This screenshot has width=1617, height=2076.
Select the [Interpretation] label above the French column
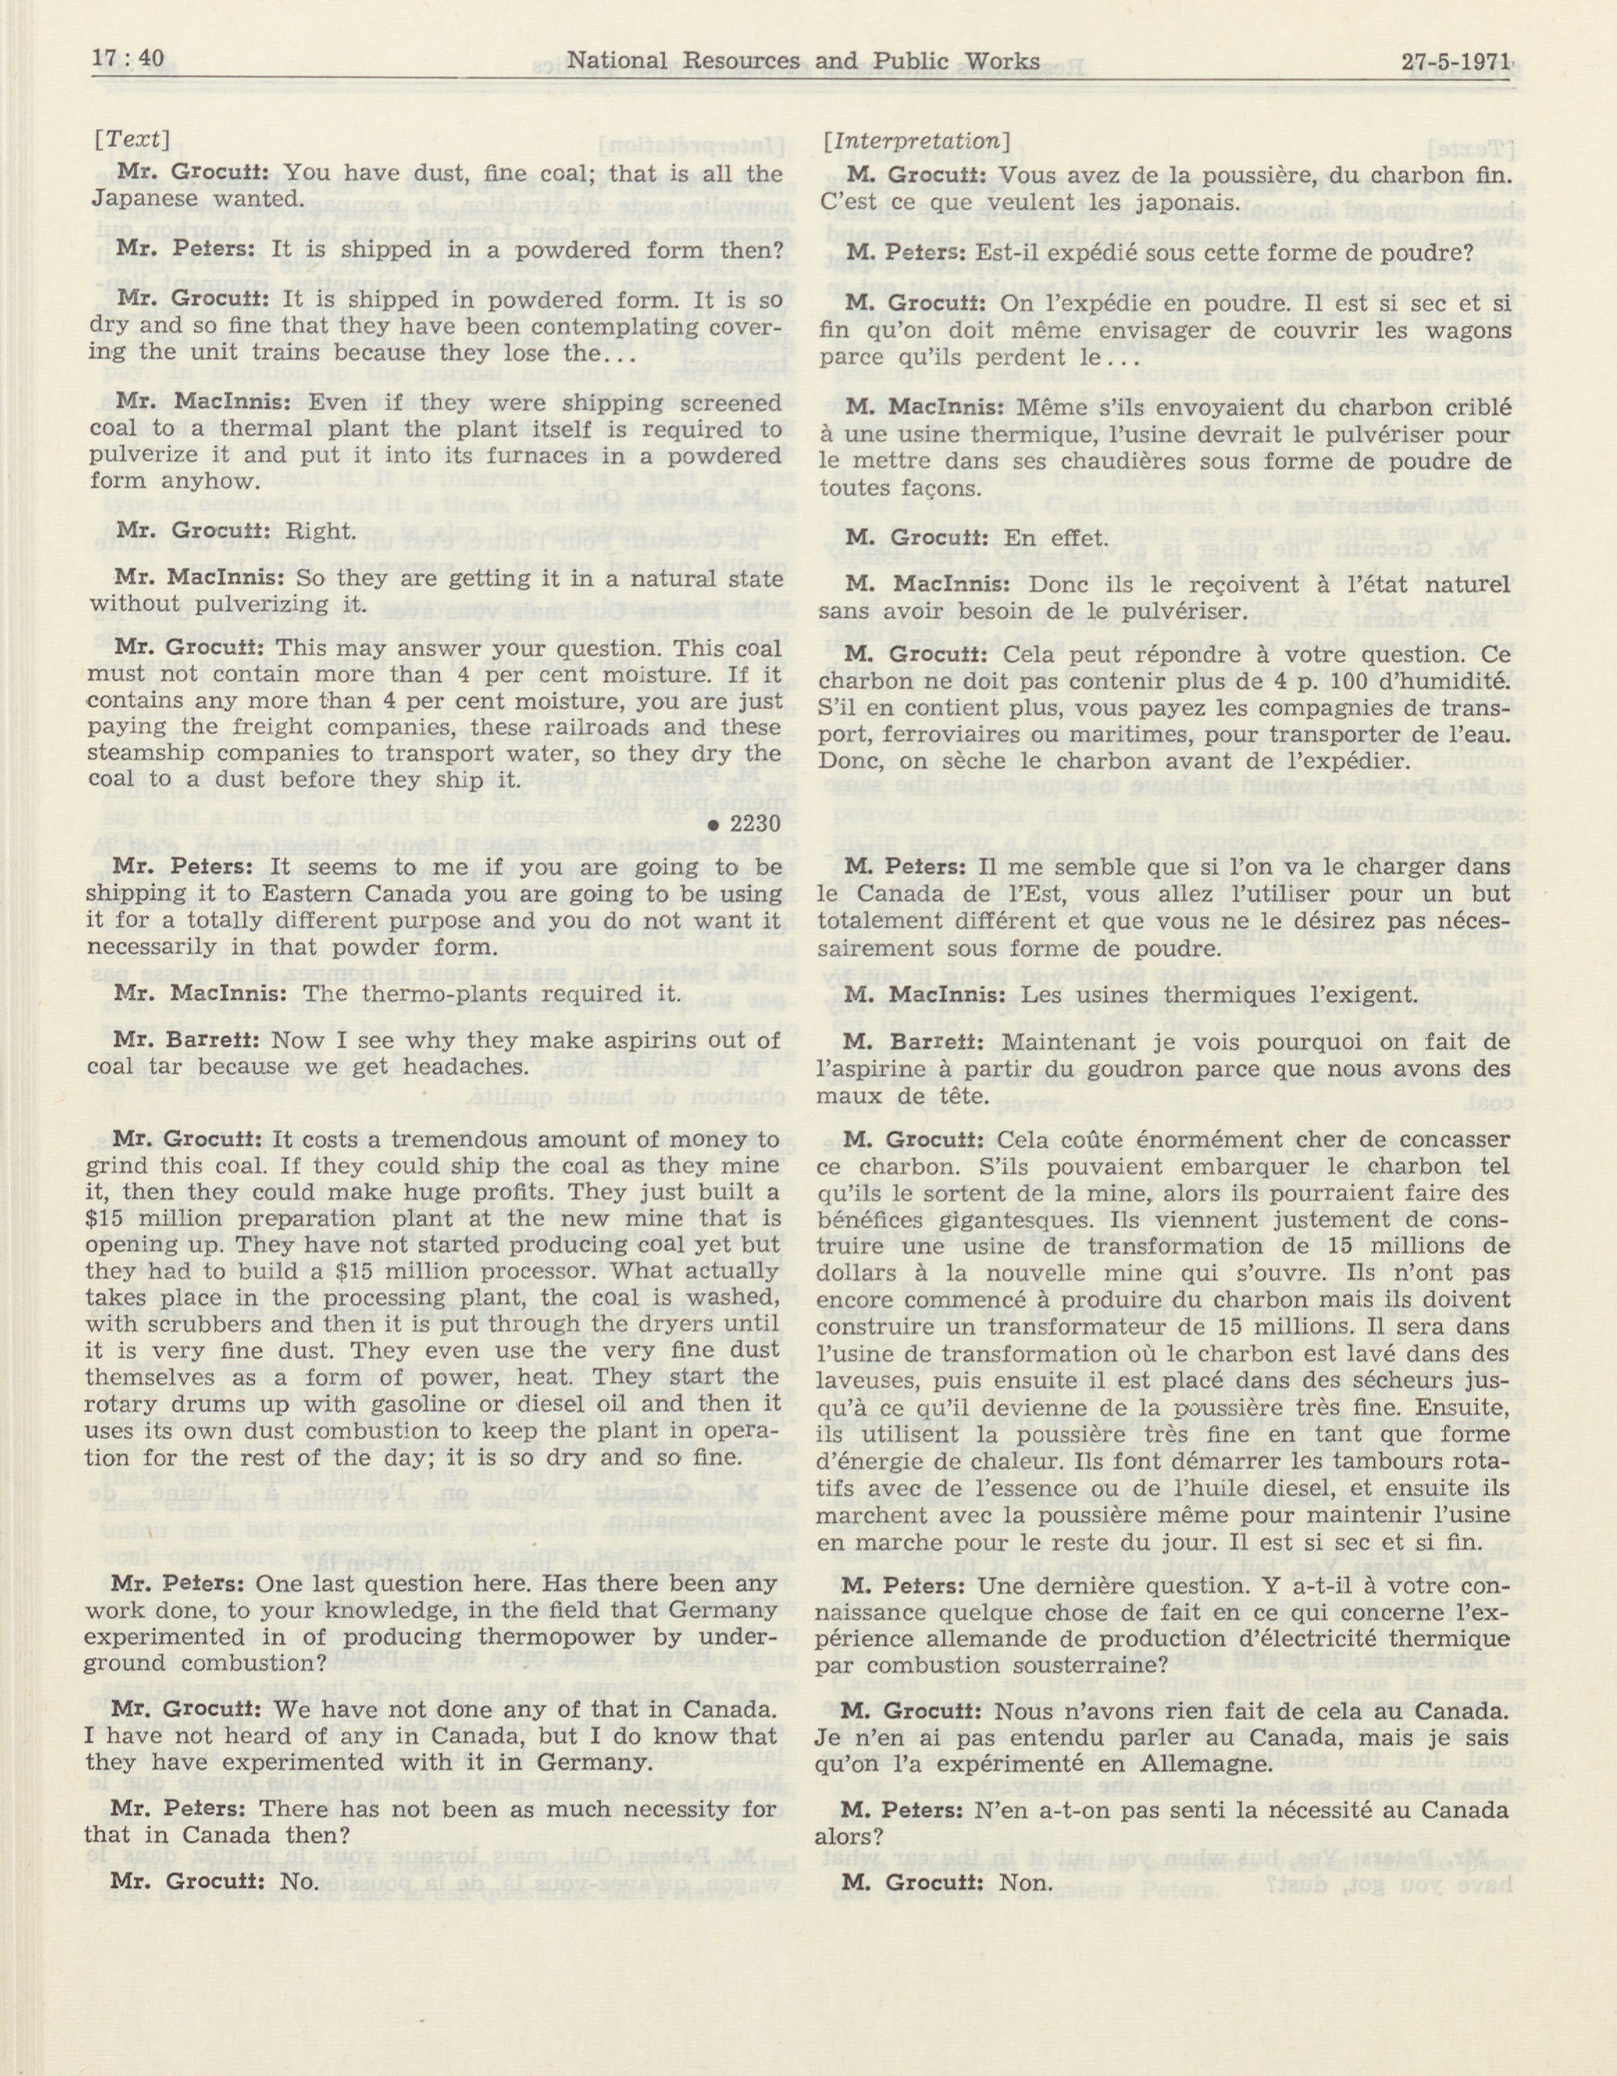tap(915, 140)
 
